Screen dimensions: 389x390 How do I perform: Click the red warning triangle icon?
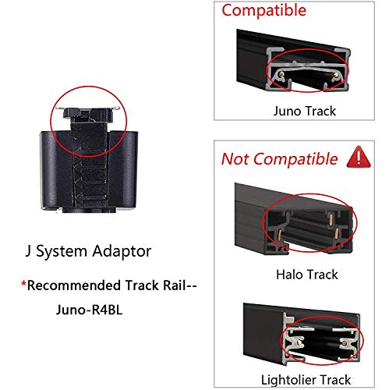coord(359,157)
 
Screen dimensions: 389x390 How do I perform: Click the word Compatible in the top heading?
coord(264,11)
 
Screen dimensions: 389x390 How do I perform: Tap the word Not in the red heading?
coord(235,159)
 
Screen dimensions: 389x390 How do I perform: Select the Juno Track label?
coord(305,111)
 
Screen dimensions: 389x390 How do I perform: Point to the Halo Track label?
coord(307,275)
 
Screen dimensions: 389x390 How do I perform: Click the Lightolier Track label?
coord(306,380)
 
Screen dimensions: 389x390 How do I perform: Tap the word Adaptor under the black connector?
coord(122,251)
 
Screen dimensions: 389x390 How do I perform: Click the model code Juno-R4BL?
coord(89,310)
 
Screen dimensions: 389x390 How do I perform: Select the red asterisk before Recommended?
coord(23,283)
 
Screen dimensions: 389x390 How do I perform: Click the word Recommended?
coord(75,285)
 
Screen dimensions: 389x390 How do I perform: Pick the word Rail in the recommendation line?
coord(175,285)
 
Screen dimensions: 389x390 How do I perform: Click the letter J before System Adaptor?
coord(28,251)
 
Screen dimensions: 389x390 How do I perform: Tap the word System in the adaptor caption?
coord(62,252)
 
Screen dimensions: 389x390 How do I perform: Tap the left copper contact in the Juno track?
coord(281,75)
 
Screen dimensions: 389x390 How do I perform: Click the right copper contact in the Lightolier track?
coord(345,343)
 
